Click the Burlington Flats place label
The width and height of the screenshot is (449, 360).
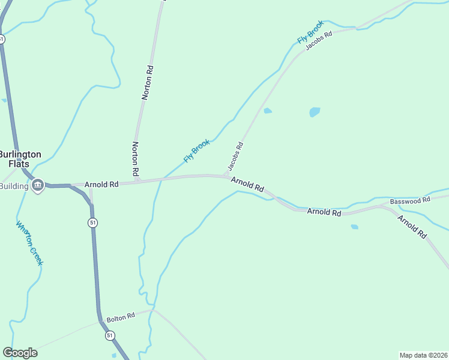pos(20,158)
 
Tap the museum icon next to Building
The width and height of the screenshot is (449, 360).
pos(38,185)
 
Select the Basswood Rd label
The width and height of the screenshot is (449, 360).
pos(410,200)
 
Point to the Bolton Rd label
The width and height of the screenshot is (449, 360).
pos(120,317)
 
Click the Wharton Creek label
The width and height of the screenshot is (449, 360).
pos(29,244)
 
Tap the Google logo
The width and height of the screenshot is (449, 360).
pos(20,353)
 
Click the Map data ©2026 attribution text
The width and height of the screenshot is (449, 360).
pos(423,355)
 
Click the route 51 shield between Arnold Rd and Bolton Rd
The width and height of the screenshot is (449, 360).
pos(92,223)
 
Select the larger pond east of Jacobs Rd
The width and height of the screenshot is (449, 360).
pos(315,112)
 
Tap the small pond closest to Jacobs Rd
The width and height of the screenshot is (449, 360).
pos(268,110)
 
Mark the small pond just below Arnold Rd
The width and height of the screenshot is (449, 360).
pos(354,227)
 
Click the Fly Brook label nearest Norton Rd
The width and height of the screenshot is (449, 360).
pos(197,151)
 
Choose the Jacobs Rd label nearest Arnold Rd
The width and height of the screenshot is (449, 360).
pos(235,155)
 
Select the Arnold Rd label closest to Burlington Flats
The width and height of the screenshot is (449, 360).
pos(101,185)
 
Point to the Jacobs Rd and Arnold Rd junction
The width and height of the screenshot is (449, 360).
pos(224,176)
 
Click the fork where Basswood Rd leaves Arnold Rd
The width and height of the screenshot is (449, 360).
pos(379,206)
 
